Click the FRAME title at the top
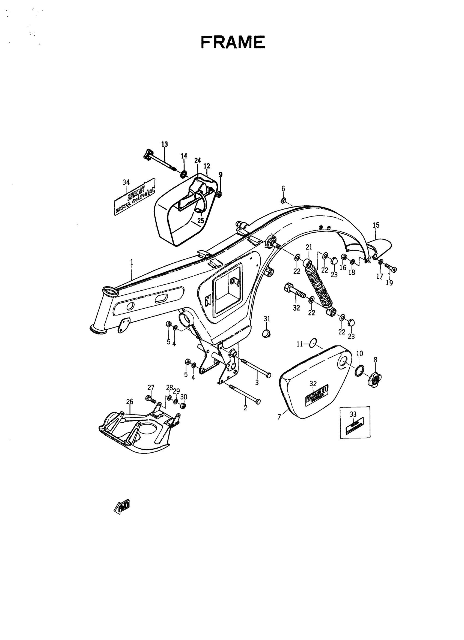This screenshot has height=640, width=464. (x=233, y=43)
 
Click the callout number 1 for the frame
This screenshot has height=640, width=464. (x=132, y=262)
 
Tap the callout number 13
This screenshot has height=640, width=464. (x=164, y=144)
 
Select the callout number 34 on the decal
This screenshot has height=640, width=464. (x=126, y=182)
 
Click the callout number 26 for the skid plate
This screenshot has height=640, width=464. (x=129, y=401)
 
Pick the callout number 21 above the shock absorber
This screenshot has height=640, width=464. (x=309, y=247)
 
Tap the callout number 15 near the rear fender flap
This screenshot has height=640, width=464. (x=376, y=225)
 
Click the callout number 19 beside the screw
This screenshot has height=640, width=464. (x=389, y=283)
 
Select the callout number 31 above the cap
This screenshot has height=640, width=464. (x=267, y=319)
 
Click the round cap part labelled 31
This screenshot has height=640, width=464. (x=267, y=333)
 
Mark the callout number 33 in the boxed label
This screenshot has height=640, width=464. (x=353, y=414)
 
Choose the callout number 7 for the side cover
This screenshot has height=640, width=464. (x=279, y=417)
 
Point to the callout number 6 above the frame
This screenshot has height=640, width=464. (x=283, y=188)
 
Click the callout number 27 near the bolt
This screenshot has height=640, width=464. (x=151, y=387)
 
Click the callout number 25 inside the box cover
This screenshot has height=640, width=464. (x=201, y=220)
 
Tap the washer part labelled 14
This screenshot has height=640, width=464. (x=184, y=174)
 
